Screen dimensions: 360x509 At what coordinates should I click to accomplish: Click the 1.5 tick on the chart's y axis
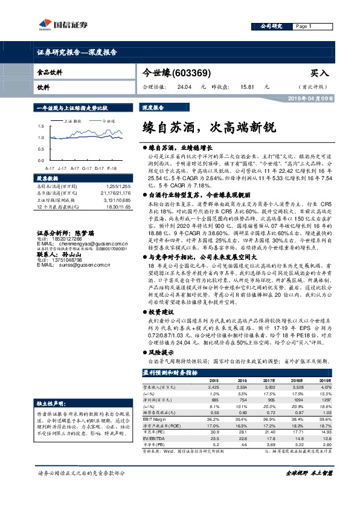click(x=40, y=126)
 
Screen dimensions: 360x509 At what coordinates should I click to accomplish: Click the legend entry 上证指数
click(x=72, y=121)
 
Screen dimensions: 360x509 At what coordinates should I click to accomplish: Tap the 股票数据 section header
click(x=47, y=179)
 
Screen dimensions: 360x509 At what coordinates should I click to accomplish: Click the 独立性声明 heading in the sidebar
click(x=47, y=402)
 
